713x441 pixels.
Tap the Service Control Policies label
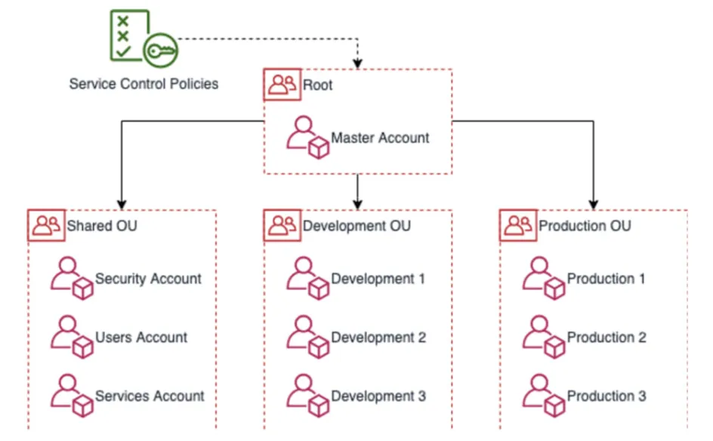click(144, 84)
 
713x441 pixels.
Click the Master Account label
click(380, 138)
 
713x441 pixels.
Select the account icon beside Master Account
click(307, 137)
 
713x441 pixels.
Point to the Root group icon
click(282, 85)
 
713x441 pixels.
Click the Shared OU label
click(102, 226)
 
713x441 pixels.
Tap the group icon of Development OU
click(282, 226)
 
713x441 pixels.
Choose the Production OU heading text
click(585, 226)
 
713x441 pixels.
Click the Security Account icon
click(72, 279)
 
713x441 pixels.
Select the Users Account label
click(141, 338)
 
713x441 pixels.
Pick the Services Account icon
click(72, 396)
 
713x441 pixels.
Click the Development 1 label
click(378, 279)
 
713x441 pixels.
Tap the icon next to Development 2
click(307, 338)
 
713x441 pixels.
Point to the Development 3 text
click(378, 396)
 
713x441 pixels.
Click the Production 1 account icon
click(544, 279)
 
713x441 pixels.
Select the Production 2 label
click(607, 338)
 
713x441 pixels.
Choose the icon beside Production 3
click(544, 396)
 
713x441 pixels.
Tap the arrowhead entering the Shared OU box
click(122, 204)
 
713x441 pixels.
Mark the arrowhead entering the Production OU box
click(594, 204)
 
